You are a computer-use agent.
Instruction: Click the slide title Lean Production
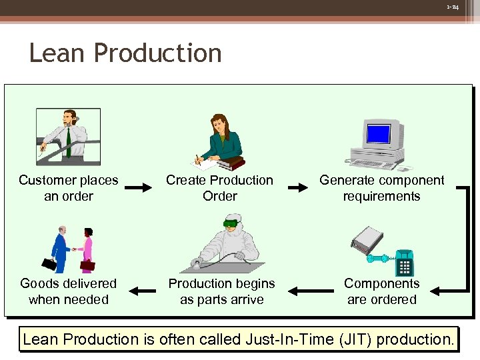click(x=125, y=53)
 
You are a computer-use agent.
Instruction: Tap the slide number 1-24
click(x=453, y=7)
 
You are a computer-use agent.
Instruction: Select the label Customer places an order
click(x=69, y=188)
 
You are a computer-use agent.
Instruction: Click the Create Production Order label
click(x=219, y=188)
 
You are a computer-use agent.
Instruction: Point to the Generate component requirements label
click(x=381, y=188)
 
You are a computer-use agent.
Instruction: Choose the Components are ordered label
click(x=381, y=291)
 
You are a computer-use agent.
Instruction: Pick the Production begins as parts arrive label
click(x=221, y=291)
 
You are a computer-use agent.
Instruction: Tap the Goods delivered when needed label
click(x=69, y=291)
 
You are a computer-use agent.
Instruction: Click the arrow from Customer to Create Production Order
click(x=139, y=188)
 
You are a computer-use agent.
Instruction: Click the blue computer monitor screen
click(x=378, y=134)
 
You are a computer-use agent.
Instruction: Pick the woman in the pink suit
click(x=86, y=249)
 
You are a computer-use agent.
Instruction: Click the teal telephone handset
click(x=379, y=259)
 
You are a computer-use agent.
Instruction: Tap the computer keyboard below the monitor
click(x=374, y=164)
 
